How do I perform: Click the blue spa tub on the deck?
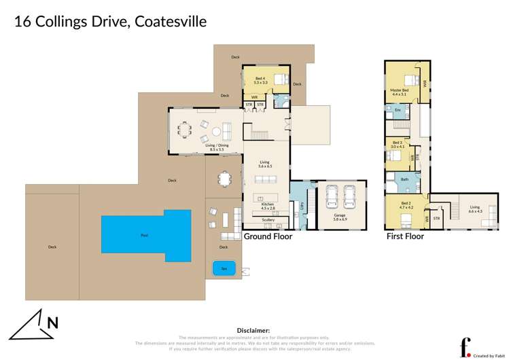224,268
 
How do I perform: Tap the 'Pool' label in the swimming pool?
144,236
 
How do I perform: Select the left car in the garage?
331,198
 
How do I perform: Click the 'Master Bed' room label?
399,92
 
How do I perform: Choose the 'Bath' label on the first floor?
404,180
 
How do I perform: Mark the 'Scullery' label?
268,220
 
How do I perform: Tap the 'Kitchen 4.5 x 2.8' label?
267,206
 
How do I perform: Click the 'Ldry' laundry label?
302,204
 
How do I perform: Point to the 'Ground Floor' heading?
268,236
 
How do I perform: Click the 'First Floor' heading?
405,236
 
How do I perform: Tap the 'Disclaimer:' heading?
255,329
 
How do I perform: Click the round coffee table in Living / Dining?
215,130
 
